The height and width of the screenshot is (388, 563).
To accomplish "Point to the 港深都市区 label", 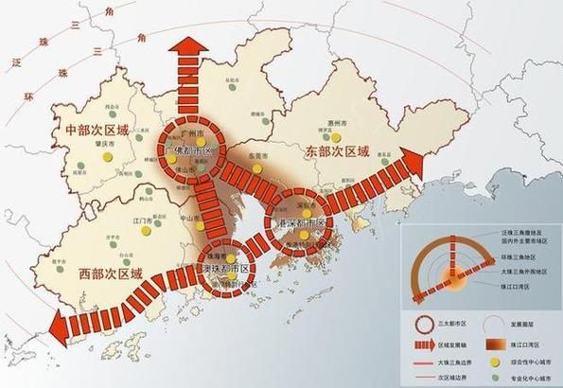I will [298, 223].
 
